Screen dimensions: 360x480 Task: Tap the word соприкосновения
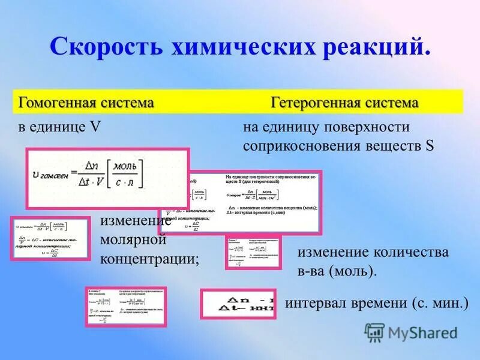tap(302, 146)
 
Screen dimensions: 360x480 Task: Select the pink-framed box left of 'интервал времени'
tap(238, 304)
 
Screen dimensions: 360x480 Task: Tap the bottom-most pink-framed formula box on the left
tap(126, 307)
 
